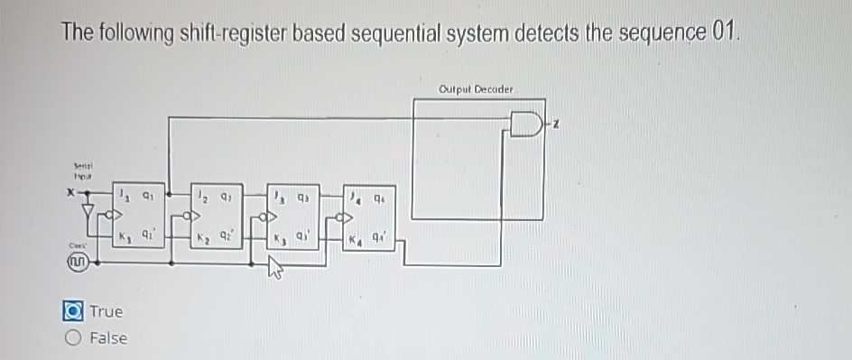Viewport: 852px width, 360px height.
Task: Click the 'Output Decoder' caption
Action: coord(476,89)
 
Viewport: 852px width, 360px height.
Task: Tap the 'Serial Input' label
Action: coord(84,172)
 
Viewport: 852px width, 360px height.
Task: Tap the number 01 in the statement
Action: coord(724,32)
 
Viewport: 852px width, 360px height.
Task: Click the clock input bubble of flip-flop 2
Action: coord(188,217)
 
